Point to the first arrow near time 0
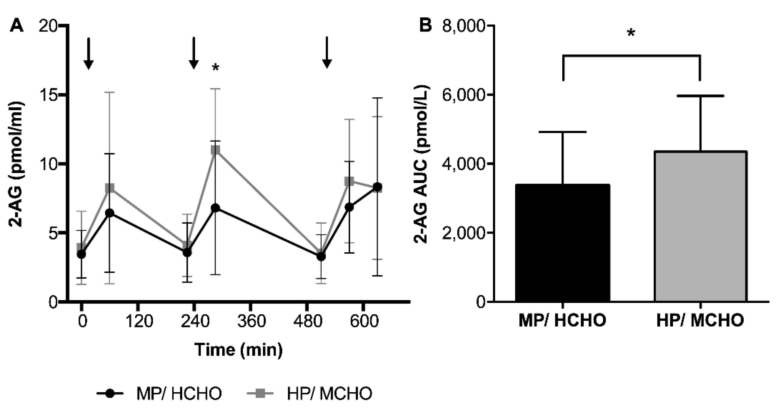pos(88,53)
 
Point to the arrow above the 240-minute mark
pos(194,53)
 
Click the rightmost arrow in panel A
pos(327,53)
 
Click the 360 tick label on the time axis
pos(251,321)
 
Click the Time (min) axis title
pos(239,350)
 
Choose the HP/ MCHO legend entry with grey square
pos(310,393)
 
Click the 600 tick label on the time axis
pos(364,321)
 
